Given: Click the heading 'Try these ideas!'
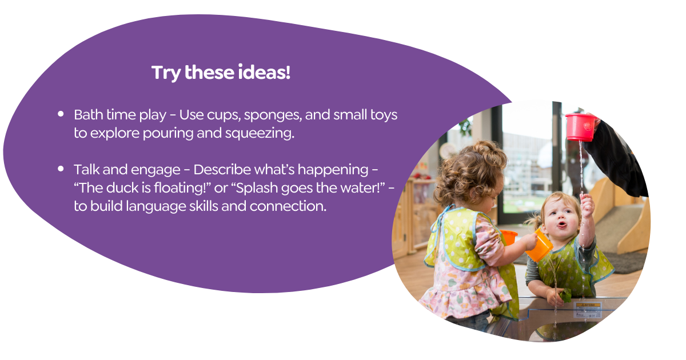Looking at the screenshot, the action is (221, 73).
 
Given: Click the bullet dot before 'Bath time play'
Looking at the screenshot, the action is (61, 114).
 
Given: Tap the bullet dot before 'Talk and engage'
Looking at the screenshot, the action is (61, 169).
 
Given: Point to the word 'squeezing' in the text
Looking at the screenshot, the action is (260, 134).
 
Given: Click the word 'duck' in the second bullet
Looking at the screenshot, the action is (122, 188).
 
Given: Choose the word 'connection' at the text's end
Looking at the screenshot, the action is (288, 206).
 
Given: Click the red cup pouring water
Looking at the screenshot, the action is (580, 127).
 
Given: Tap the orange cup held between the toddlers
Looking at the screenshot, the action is (540, 245).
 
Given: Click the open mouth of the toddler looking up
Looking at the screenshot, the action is (561, 225).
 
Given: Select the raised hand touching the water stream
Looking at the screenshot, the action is (587, 205).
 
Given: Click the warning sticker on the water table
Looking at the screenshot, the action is (588, 310).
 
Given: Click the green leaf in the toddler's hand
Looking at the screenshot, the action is (565, 295).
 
